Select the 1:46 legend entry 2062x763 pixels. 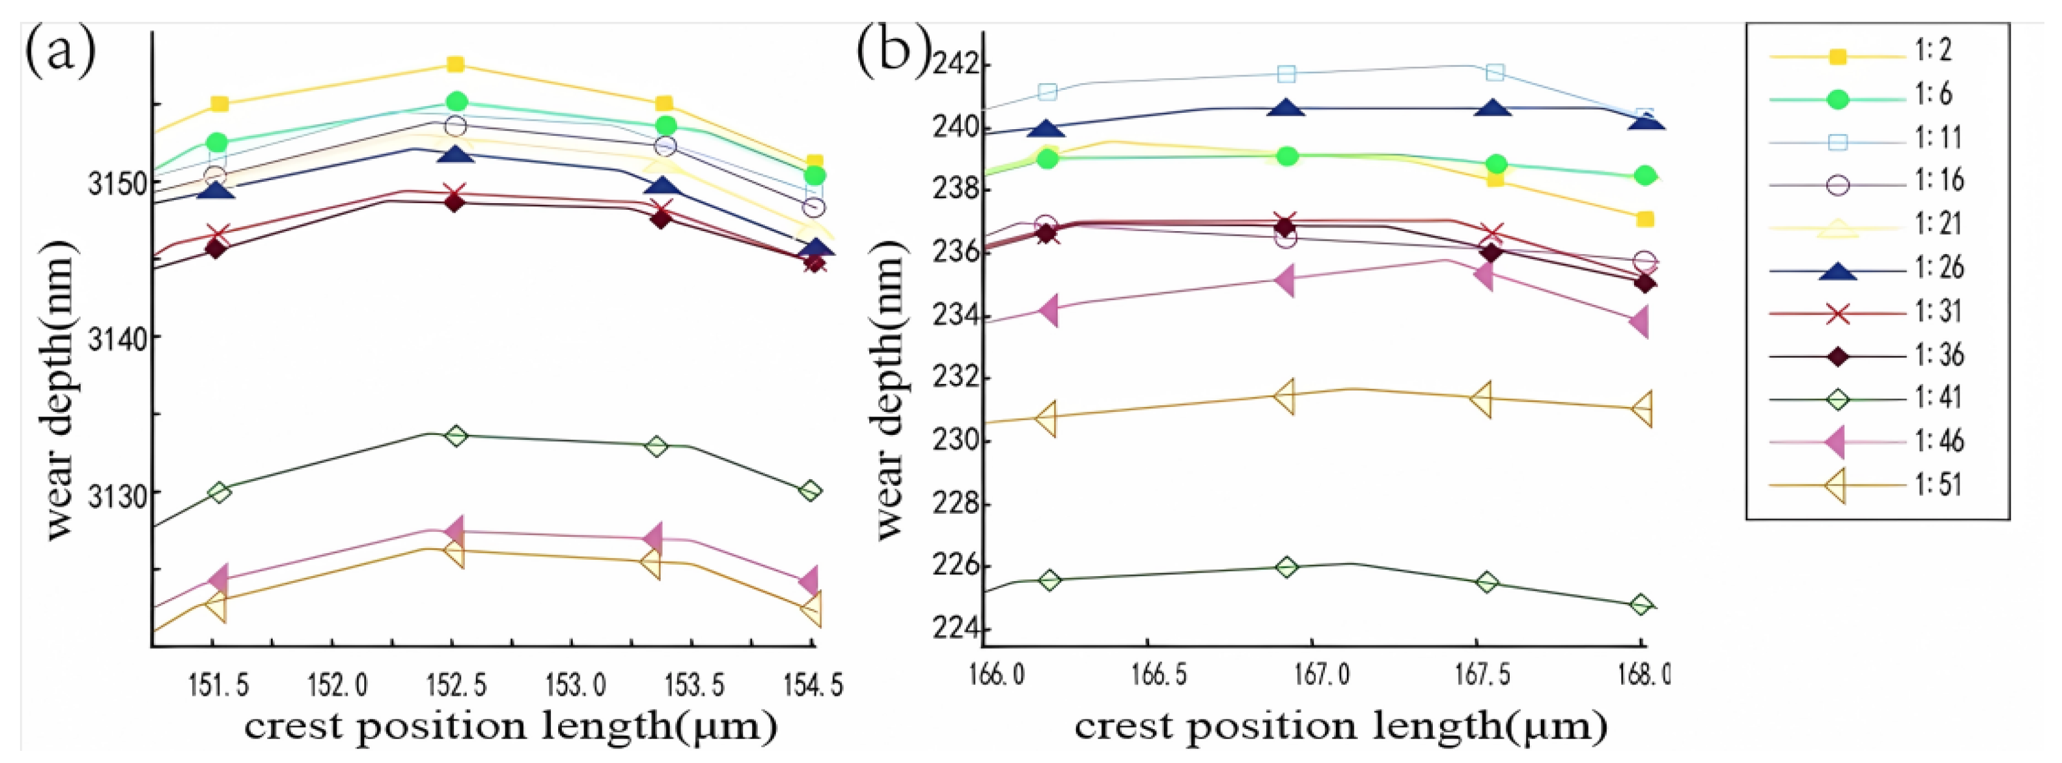1937,441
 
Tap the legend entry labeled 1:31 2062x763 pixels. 1937,311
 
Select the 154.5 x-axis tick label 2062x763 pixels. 814,686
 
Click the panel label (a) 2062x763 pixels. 60,50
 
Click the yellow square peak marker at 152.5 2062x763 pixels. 455,64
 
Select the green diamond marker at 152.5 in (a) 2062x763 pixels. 455,435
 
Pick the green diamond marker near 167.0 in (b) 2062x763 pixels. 1286,567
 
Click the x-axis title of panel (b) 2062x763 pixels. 1340,727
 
